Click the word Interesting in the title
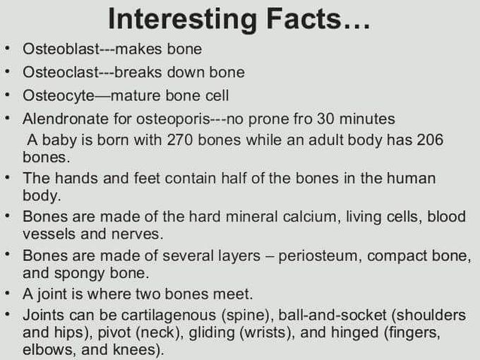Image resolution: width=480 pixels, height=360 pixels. coord(182,20)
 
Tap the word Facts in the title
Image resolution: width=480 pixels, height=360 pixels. coord(304,18)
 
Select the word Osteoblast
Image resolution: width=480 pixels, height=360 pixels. coord(61,49)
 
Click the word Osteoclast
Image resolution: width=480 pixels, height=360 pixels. coord(61,72)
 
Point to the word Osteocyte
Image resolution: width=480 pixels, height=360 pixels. coord(59,96)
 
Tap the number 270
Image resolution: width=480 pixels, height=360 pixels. coord(180,140)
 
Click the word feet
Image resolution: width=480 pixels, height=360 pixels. coord(148,178)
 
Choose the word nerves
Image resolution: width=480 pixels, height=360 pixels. coord(137,234)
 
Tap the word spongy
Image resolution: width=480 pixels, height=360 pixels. coord(79,274)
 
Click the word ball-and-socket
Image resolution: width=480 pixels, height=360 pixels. coord(332,316)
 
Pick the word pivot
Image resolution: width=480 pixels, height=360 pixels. coord(114,333)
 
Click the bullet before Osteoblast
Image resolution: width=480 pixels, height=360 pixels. coord(7,49)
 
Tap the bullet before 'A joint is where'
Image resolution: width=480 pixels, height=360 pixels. coord(7,293)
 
